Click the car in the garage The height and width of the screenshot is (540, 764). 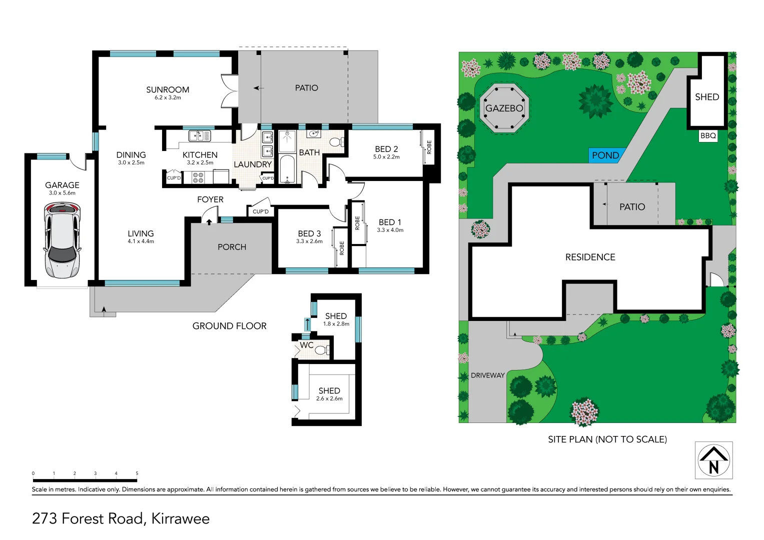point(62,240)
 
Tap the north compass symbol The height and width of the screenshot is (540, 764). point(713,460)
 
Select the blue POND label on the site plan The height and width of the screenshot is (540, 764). point(605,155)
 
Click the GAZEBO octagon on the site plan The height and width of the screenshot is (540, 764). point(504,108)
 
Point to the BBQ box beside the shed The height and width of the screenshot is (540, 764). point(708,135)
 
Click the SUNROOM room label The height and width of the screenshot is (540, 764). point(168,90)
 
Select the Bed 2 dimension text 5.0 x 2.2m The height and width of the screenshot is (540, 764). point(386,157)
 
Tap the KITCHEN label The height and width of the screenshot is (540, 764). point(200,155)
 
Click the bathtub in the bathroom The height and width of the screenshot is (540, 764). point(287,170)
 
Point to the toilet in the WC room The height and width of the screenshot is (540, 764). point(321,350)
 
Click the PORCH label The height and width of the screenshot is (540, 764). point(232,247)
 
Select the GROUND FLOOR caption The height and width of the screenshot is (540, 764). point(229,326)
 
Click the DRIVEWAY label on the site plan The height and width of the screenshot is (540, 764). point(487,375)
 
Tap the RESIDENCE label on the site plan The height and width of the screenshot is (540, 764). point(590,257)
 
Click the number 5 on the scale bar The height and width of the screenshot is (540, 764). point(137,473)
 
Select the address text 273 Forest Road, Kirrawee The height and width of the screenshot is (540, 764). point(121,518)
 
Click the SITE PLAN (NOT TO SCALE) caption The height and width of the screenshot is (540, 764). point(607,439)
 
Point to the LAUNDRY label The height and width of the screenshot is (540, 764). point(253,164)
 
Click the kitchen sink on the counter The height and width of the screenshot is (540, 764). point(199,135)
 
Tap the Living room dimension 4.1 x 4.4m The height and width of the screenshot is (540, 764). point(141,241)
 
